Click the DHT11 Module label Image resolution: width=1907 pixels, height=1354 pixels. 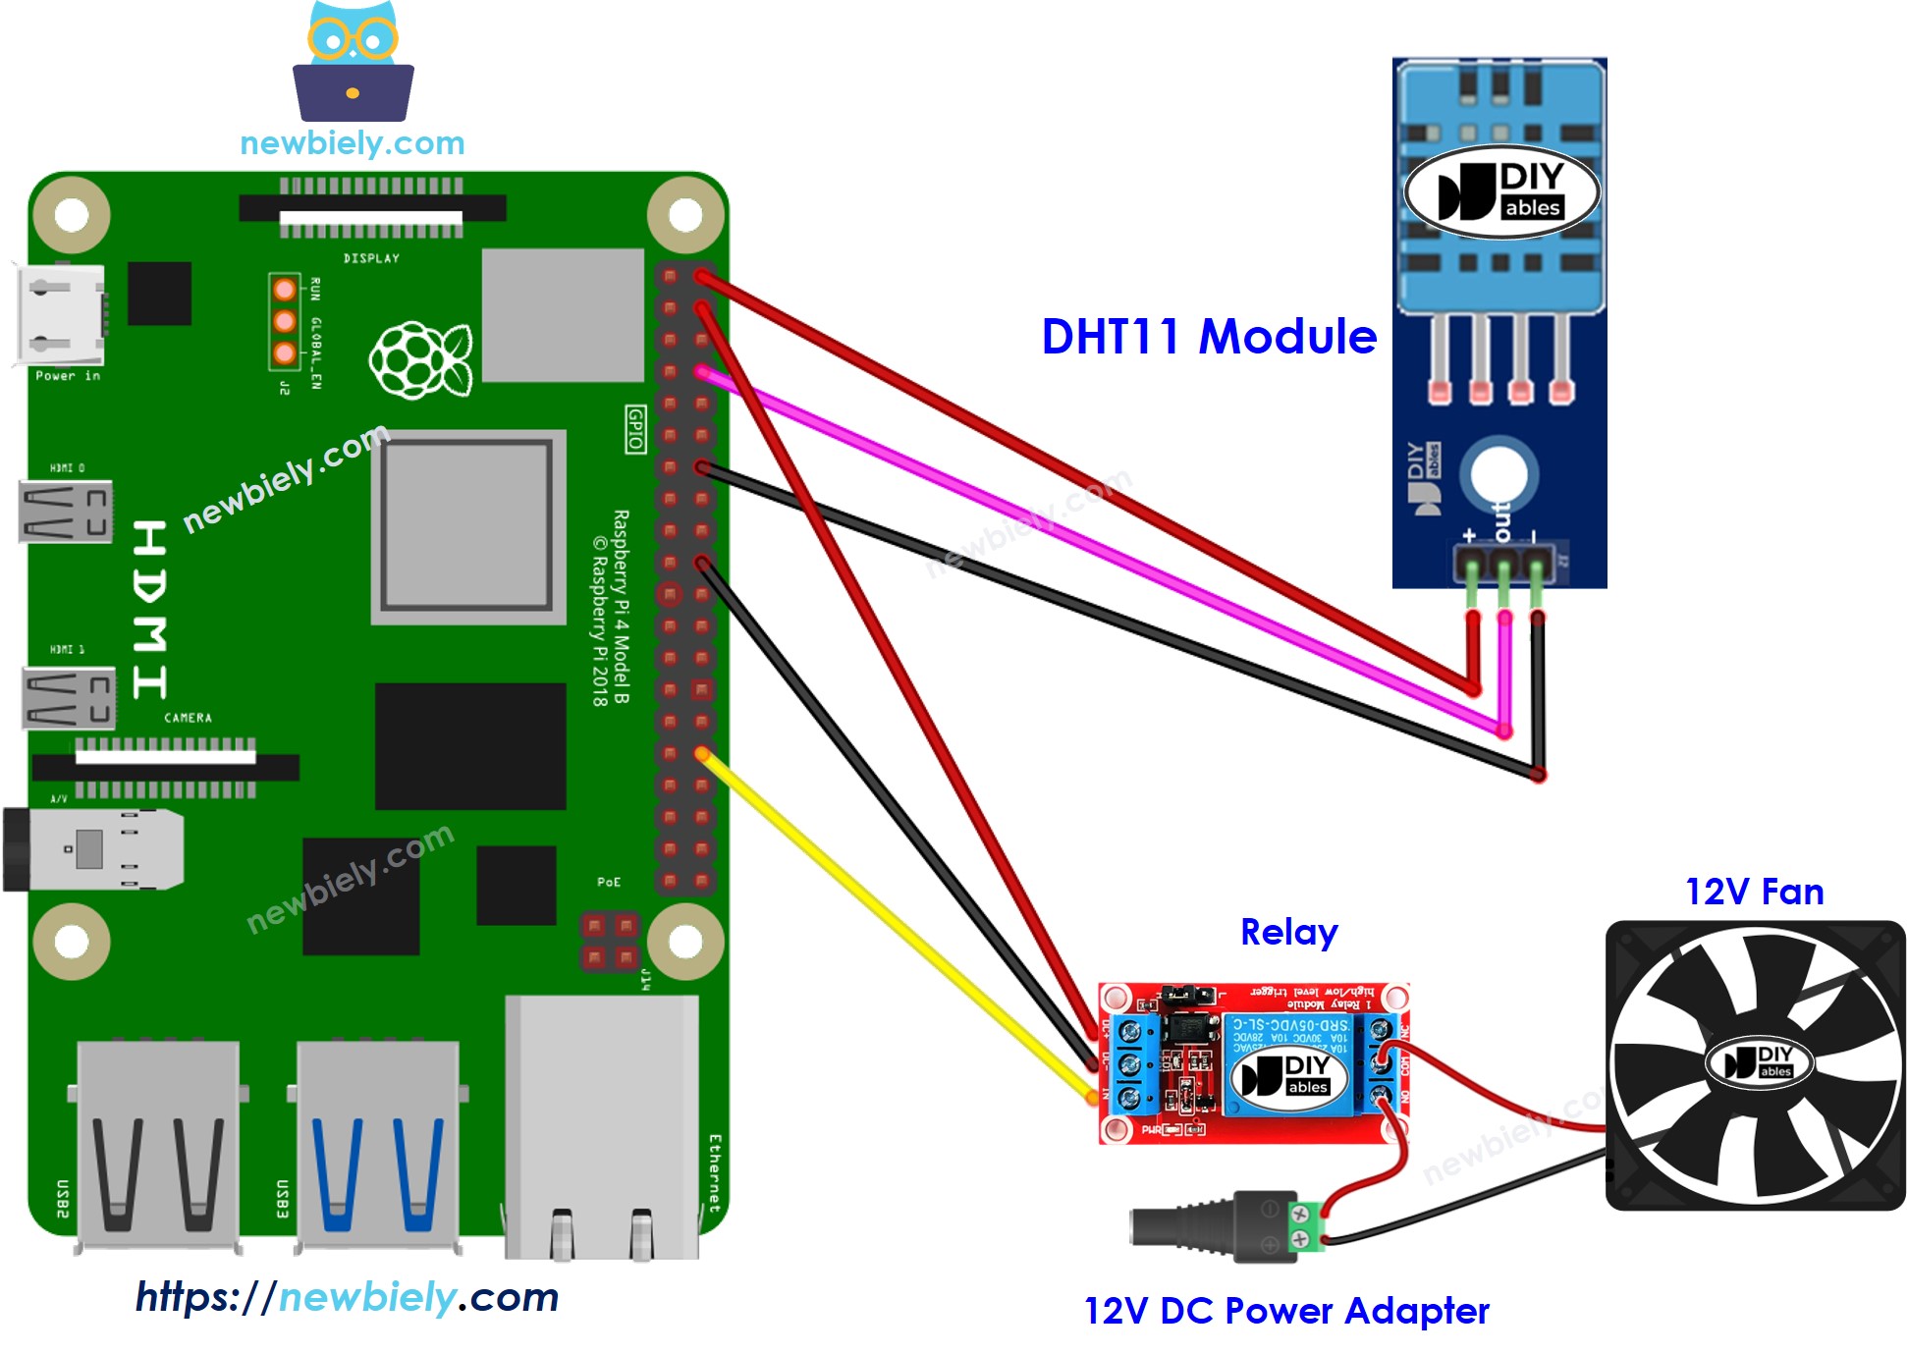coord(1208,337)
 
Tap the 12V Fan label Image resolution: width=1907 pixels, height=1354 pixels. coord(1754,892)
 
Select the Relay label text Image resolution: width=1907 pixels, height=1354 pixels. coord(1288,932)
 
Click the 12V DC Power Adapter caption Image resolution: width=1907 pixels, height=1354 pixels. coord(1285,1311)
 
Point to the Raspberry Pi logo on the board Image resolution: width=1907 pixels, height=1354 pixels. coord(420,359)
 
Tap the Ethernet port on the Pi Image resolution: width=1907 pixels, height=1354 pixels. coord(602,1129)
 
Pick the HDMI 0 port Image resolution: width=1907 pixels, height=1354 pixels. coord(66,512)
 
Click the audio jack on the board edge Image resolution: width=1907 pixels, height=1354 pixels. coord(93,849)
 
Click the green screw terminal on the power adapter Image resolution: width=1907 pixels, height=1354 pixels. coord(1304,1226)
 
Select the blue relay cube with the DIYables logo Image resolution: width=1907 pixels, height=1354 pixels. coord(1285,1065)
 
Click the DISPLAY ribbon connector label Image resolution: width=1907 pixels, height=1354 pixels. coord(371,258)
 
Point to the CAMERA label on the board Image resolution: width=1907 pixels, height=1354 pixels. coord(188,718)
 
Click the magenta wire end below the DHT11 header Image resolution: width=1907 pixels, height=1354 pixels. coord(1504,731)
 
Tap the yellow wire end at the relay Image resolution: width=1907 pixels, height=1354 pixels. coord(1092,1096)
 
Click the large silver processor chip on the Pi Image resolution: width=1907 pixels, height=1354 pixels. coord(467,526)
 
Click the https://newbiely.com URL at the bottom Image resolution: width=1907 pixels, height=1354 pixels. coord(347,1297)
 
